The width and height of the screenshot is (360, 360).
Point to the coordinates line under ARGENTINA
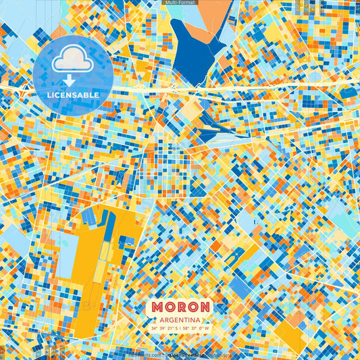180,328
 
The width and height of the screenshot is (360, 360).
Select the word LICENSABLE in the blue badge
72,95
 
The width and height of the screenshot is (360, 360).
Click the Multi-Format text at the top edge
180,3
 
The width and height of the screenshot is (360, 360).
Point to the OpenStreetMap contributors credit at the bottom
196,353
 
